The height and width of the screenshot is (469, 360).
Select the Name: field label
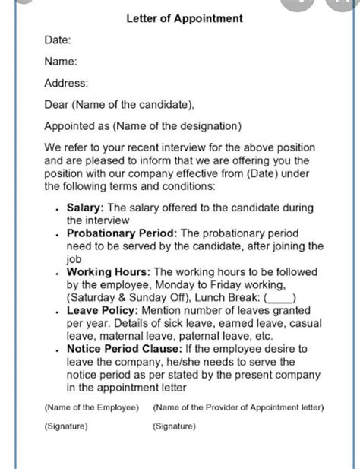(61, 62)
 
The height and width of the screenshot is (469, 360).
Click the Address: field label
(66, 83)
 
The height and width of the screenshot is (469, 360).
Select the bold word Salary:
(86, 207)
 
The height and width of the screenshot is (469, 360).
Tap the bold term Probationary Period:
(119, 233)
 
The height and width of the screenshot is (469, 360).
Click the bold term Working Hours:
(109, 271)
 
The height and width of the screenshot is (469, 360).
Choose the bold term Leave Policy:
(102, 310)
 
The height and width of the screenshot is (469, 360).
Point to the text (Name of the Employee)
(91, 407)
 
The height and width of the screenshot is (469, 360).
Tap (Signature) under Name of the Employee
(66, 427)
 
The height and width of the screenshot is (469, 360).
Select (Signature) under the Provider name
(174, 427)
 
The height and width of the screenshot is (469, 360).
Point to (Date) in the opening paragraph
(254, 173)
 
